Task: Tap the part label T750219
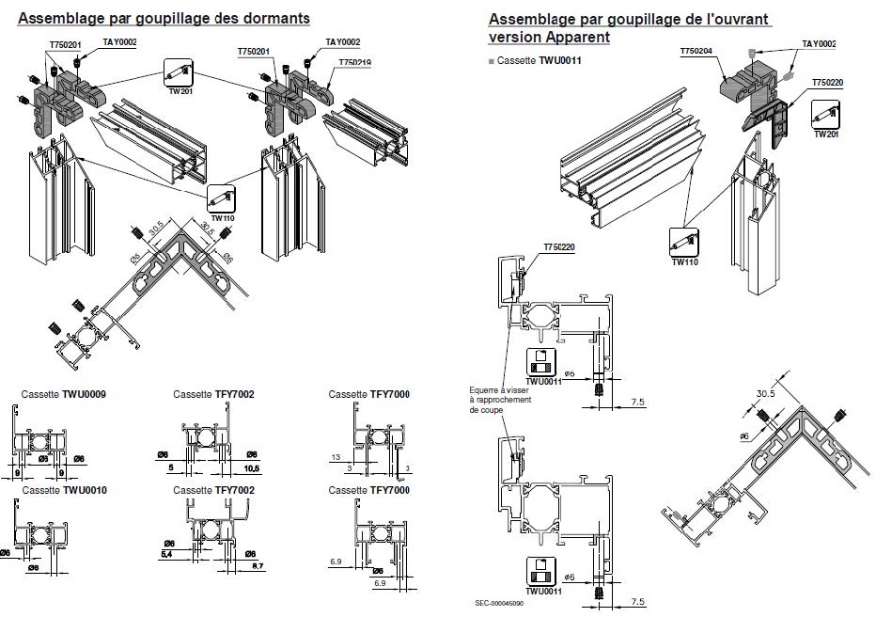point(354,62)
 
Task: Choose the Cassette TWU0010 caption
point(63,490)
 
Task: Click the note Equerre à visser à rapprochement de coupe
point(503,400)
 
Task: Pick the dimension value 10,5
point(251,467)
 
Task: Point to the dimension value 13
point(336,456)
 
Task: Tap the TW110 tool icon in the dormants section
point(221,198)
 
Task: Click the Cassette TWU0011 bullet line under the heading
point(533,60)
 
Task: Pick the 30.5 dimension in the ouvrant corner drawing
point(767,394)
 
